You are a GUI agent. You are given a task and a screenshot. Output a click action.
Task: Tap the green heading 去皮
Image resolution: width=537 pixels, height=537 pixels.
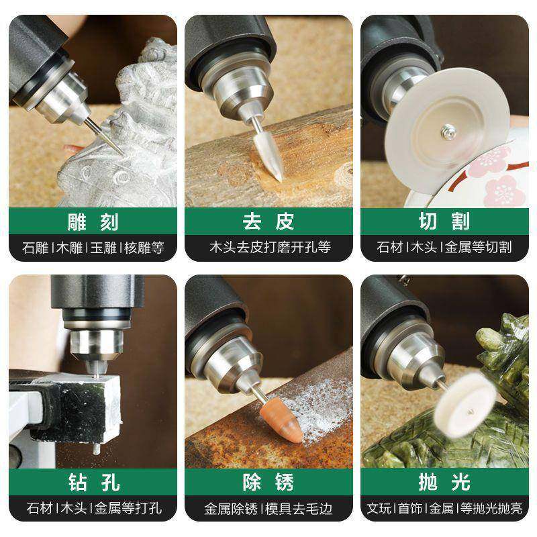tap(268, 221)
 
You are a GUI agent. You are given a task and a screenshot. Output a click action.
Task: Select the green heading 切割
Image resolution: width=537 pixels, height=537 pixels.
tap(444, 221)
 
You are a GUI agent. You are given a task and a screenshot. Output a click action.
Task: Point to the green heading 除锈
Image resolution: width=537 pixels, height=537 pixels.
tap(268, 481)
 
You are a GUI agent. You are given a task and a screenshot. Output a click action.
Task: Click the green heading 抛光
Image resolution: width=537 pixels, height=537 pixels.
tap(444, 481)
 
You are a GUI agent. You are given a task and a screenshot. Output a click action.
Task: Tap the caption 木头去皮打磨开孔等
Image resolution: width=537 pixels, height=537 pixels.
tap(268, 246)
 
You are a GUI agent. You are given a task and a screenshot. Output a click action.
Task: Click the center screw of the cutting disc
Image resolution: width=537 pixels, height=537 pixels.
tap(448, 134)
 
